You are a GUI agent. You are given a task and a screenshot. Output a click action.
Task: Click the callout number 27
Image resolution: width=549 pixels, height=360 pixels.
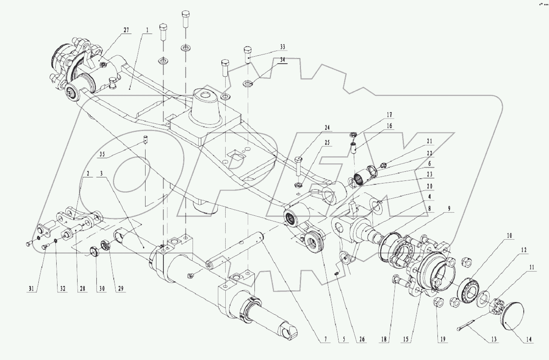(126, 30)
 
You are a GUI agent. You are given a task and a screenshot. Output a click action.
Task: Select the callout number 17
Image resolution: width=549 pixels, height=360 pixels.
(389, 115)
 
